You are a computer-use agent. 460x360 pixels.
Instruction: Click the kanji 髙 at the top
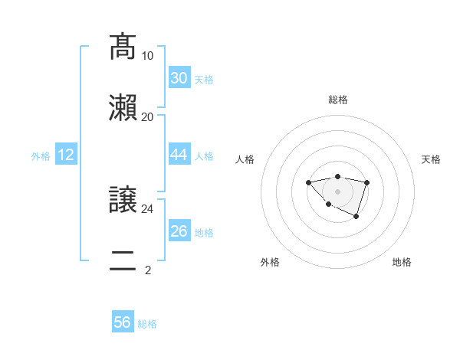click(123, 47)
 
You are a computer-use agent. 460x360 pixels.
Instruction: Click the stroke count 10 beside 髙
click(147, 56)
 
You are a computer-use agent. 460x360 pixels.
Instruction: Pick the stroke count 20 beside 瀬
click(147, 116)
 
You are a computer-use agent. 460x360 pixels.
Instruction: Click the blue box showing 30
click(179, 78)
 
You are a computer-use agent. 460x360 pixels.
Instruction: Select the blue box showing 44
click(179, 155)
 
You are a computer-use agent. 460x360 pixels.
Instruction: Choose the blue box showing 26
click(179, 231)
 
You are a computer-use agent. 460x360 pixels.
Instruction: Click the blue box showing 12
click(66, 155)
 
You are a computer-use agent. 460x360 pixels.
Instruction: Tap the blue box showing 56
click(123, 322)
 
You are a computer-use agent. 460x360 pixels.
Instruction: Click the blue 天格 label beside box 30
click(204, 80)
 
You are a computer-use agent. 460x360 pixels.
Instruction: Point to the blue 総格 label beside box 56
click(147, 324)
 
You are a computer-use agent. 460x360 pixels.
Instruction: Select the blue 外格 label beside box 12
click(41, 156)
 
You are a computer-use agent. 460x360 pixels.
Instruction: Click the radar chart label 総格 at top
click(337, 100)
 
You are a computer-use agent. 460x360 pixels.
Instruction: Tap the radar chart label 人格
click(245, 159)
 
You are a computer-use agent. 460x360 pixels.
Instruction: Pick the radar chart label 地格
click(402, 262)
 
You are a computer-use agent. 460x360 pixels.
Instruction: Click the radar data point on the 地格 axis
click(356, 218)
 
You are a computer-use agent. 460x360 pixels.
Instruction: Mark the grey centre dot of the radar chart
click(337, 191)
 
